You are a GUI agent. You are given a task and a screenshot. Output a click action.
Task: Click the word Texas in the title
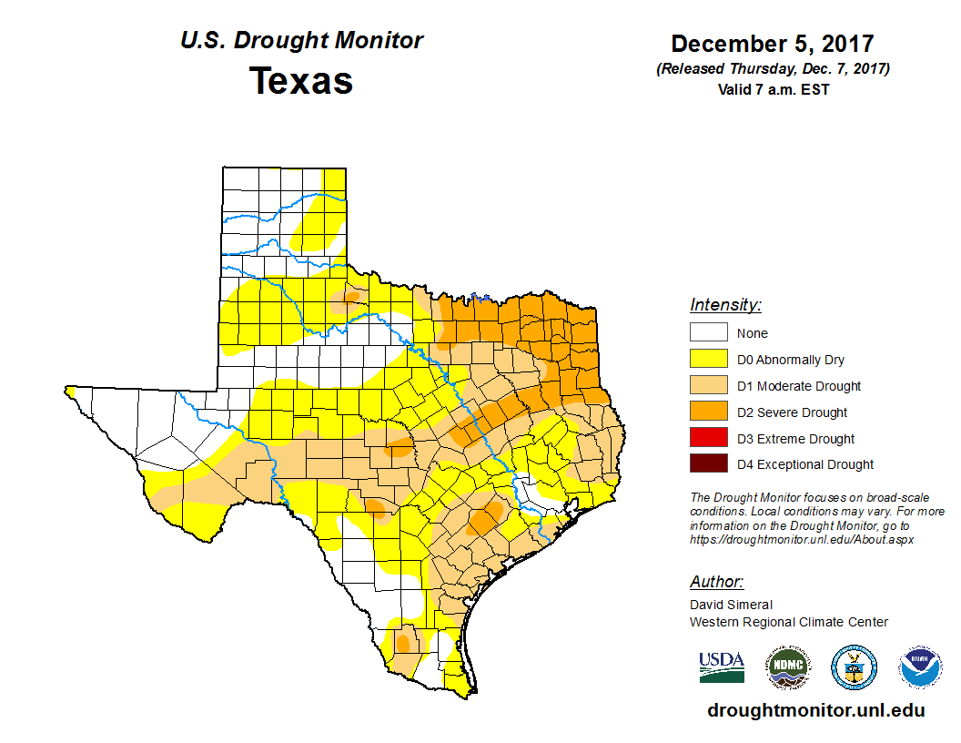tap(301, 81)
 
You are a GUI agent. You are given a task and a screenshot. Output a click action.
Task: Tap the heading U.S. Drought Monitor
tap(301, 41)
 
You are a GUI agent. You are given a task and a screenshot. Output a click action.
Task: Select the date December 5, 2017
tap(773, 44)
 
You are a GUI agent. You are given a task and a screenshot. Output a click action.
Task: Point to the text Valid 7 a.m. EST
tap(773, 89)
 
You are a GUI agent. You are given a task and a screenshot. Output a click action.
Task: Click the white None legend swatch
tap(708, 333)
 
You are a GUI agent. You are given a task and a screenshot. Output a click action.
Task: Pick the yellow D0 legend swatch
tap(708, 360)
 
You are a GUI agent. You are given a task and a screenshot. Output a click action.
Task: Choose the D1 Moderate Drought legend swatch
tap(708, 386)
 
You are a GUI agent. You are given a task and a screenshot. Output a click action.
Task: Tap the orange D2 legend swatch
tap(708, 412)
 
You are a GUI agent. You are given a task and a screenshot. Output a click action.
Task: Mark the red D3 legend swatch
tap(708, 439)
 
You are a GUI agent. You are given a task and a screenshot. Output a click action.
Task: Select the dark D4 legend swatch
tap(708, 464)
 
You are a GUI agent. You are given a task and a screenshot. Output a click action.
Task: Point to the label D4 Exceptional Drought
tap(804, 464)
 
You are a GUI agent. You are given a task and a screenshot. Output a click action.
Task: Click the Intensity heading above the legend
tap(725, 305)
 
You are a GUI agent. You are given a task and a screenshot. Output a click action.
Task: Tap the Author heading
tap(716, 582)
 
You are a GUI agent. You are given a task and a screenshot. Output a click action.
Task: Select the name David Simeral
tap(731, 605)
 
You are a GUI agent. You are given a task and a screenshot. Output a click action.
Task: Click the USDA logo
tap(722, 667)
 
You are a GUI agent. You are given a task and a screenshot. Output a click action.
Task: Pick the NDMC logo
tap(787, 667)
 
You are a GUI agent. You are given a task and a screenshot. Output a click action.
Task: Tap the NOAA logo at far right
tap(920, 667)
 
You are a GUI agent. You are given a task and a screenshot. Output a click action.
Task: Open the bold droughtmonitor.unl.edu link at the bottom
tap(815, 711)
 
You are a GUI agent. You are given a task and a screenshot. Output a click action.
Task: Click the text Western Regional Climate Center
tap(788, 622)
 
